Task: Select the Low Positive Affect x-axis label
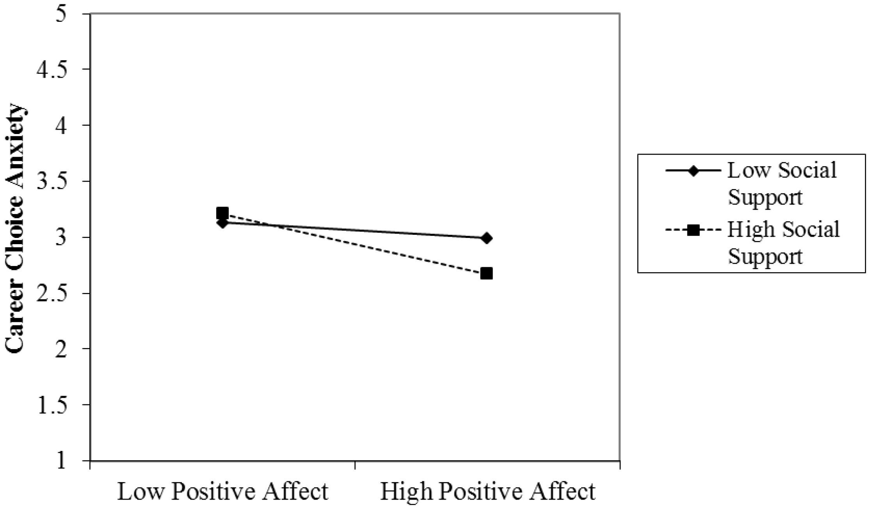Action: coord(223,491)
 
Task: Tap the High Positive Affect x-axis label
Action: coord(488,491)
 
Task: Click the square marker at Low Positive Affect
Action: coord(222,213)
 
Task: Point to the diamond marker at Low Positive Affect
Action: coord(222,223)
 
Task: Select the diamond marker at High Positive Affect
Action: coord(487,238)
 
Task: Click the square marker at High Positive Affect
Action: coord(487,273)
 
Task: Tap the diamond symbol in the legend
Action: coord(693,171)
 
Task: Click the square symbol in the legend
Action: coord(693,230)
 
